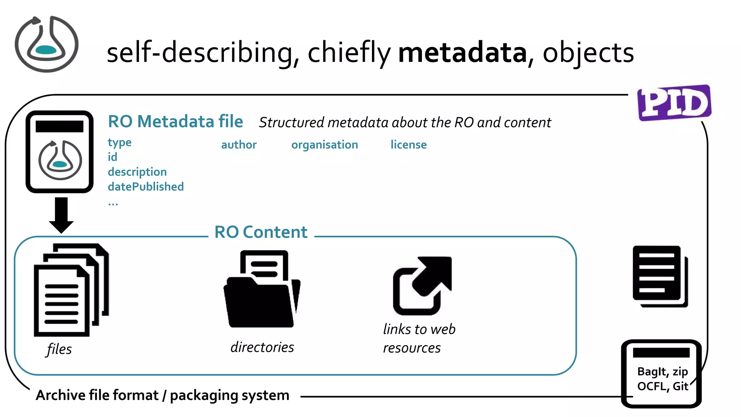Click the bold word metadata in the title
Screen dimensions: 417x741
[462, 53]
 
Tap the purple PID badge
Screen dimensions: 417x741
[674, 103]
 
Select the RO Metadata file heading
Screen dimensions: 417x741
[175, 122]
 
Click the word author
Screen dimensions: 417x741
[239, 145]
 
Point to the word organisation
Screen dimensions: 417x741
[325, 145]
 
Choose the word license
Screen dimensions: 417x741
[408, 145]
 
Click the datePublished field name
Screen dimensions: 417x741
[146, 187]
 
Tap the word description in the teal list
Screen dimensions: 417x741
[137, 172]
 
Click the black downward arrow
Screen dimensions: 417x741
[61, 215]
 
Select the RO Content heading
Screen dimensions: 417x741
[261, 232]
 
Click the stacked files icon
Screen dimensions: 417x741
[71, 290]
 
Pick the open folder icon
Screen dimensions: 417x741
[262, 289]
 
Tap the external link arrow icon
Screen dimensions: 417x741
[422, 286]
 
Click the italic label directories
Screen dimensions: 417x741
[262, 347]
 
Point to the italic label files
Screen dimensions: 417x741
[59, 349]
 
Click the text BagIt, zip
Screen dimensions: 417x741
[662, 371]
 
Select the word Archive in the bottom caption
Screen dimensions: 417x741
[61, 395]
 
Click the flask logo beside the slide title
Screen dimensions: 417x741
[46, 44]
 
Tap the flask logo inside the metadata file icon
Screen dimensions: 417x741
[60, 160]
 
